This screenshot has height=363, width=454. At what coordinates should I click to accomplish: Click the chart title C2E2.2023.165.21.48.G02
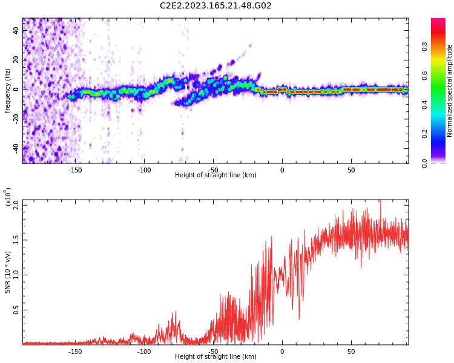point(215,6)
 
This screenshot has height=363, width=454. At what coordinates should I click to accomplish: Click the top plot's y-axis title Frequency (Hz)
point(8,91)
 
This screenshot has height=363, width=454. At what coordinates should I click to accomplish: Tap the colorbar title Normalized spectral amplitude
point(450,91)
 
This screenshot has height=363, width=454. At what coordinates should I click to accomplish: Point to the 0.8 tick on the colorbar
point(441,46)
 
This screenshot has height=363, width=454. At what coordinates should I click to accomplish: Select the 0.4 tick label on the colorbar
point(441,105)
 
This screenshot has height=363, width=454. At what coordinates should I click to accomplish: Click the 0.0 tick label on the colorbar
point(441,163)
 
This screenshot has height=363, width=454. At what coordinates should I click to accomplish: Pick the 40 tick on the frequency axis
point(17,31)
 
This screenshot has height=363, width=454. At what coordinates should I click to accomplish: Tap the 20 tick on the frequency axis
point(17,60)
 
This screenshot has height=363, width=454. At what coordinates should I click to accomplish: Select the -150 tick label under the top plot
point(75,171)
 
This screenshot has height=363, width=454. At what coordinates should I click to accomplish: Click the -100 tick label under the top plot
point(144,171)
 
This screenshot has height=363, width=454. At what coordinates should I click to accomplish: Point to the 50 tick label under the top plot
point(351,171)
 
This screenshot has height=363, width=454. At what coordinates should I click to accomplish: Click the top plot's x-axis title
point(215,175)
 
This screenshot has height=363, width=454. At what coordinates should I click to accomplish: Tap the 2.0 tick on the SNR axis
point(16,205)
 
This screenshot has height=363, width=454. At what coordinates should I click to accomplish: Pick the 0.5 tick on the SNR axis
point(16,310)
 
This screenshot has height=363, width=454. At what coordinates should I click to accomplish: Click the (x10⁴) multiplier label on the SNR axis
point(8,197)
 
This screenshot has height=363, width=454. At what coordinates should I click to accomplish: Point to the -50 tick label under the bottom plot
point(213,352)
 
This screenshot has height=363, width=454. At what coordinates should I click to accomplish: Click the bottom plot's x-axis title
point(215,357)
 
